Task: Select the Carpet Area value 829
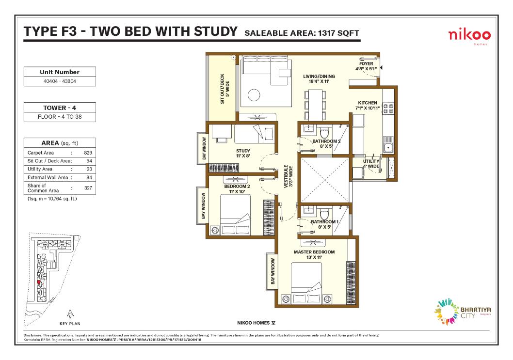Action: [88, 153]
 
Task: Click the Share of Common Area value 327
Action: [88, 188]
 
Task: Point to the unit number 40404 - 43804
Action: [60, 81]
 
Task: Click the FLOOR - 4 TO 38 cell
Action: [60, 117]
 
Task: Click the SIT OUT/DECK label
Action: [223, 89]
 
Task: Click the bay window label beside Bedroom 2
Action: [204, 207]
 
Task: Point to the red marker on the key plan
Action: [38, 282]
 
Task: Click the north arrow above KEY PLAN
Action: [70, 314]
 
